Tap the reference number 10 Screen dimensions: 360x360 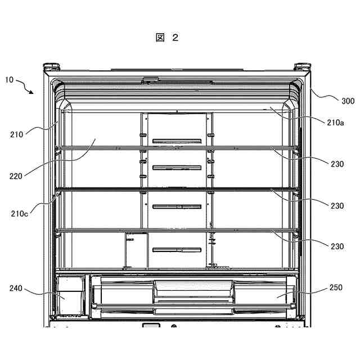10,80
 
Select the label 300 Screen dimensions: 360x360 348,101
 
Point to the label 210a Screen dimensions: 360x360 335,122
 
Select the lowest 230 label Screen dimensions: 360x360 337,246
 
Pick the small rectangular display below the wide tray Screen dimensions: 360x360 150,326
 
